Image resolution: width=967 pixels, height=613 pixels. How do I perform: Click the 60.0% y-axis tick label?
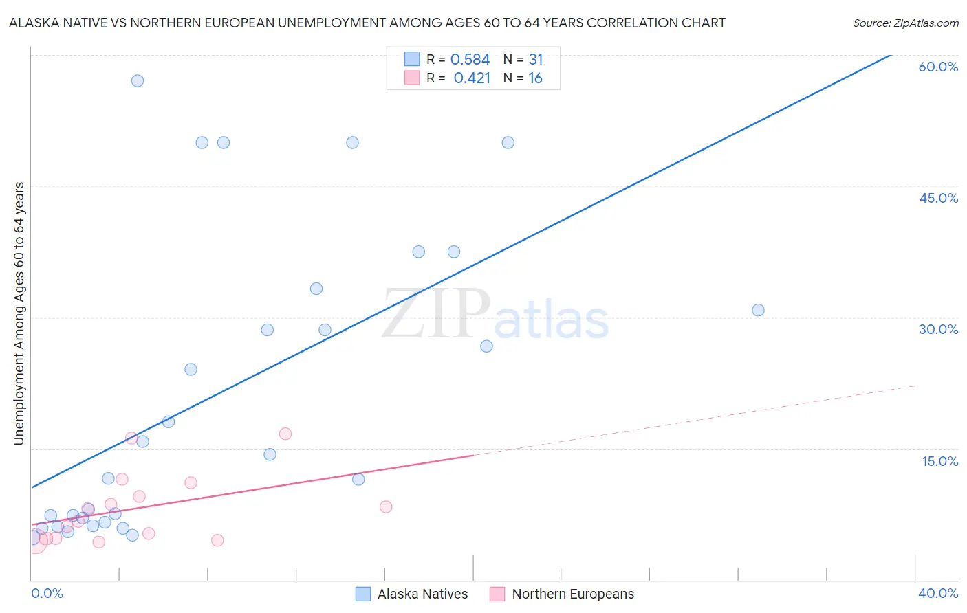tap(938, 67)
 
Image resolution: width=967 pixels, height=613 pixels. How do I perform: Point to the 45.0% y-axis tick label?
tap(938, 198)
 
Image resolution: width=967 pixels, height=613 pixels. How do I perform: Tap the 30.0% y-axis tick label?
tap(938, 329)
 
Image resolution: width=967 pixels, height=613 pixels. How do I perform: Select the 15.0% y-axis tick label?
tap(939, 461)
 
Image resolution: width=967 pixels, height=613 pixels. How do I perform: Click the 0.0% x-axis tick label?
tap(47, 593)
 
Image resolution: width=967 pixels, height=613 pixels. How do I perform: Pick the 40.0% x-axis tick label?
tap(938, 593)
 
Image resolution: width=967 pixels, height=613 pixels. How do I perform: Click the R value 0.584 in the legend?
tap(470, 60)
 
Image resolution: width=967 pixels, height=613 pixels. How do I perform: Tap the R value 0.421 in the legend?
tap(472, 78)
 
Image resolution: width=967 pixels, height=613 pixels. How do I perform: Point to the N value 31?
tap(536, 60)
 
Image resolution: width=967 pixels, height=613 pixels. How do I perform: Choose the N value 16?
tap(535, 78)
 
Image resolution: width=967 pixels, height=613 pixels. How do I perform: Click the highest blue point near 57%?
tap(138, 80)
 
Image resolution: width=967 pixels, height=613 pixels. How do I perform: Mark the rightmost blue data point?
tap(758, 310)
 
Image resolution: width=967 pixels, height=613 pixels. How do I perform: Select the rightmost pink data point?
tap(386, 507)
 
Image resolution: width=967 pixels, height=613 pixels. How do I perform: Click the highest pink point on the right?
tap(285, 434)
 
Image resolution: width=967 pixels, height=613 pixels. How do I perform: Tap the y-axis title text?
tap(19, 313)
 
